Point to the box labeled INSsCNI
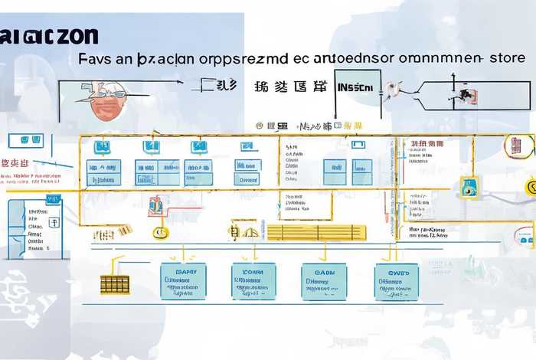pyautogui.click(x=355, y=87)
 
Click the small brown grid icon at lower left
pyautogui.click(x=114, y=285)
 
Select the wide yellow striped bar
pyautogui.click(x=316, y=232)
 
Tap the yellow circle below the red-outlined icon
pyautogui.click(x=160, y=233)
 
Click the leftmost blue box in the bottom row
pyautogui.click(x=183, y=281)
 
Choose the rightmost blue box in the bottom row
pyautogui.click(x=397, y=282)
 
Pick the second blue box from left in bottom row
pyautogui.click(x=254, y=281)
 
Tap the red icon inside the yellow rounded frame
pyautogui.click(x=518, y=144)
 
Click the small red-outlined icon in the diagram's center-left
pyautogui.click(x=155, y=205)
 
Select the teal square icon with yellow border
pyautogui.click(x=468, y=185)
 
